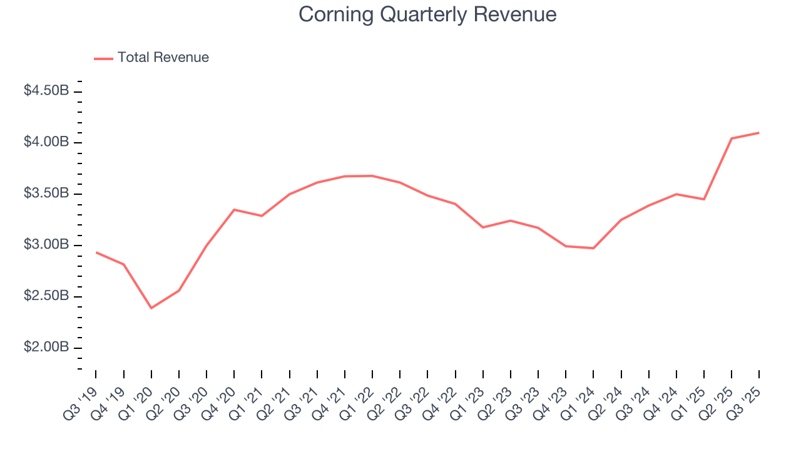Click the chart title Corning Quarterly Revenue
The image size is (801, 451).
point(427,14)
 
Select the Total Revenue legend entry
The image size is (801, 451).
point(163,58)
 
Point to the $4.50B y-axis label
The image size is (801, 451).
point(46,91)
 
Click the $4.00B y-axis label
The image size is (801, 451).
point(46,142)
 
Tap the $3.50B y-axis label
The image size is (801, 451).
point(46,194)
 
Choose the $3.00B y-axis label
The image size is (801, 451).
point(46,245)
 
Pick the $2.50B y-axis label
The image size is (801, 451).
point(46,296)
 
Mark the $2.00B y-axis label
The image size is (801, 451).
point(46,348)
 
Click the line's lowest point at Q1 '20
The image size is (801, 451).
point(151,308)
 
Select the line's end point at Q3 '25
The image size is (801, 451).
point(759,133)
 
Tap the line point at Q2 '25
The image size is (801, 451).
point(732,138)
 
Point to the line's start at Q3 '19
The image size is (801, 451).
point(96,252)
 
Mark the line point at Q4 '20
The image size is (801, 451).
point(234,209)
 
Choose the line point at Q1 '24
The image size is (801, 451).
point(593,248)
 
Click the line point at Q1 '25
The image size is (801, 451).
point(704,199)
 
